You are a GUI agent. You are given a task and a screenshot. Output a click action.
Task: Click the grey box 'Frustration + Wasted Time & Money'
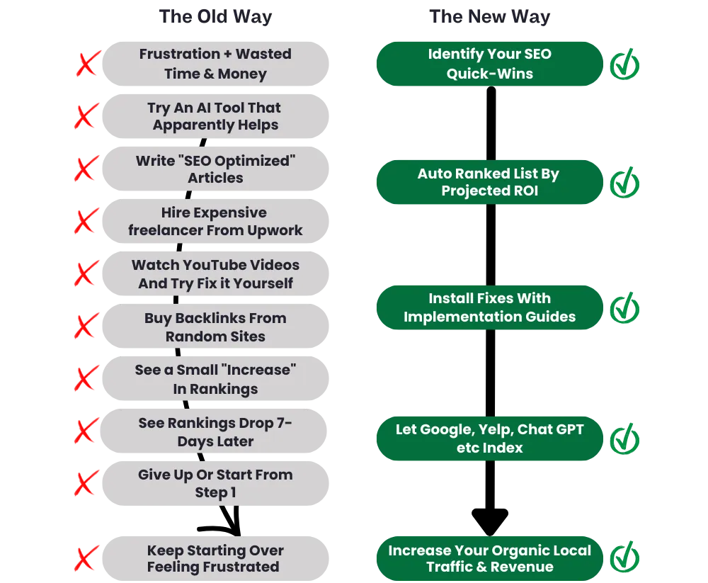pos(216,64)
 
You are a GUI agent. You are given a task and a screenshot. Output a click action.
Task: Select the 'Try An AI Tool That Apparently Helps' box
pos(216,116)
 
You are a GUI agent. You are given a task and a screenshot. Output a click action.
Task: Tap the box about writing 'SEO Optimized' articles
pos(216,169)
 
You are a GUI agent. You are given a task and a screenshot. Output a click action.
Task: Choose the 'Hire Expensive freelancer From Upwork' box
pos(216,222)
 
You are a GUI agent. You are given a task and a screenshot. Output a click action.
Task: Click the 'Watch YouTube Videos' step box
pos(216,274)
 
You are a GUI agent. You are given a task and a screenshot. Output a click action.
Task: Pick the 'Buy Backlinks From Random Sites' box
pos(216,327)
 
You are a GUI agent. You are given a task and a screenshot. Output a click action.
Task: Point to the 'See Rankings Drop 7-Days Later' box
pos(216,432)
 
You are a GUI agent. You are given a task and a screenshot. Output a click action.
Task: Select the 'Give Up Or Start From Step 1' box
pos(216,484)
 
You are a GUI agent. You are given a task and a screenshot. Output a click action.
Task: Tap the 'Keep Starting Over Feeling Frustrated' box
pos(216,559)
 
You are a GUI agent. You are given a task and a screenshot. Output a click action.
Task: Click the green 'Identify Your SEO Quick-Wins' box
pos(489,64)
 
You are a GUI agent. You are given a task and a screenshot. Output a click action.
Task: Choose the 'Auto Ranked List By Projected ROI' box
pos(489,183)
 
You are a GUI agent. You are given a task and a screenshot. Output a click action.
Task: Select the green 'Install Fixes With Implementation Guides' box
pos(489,307)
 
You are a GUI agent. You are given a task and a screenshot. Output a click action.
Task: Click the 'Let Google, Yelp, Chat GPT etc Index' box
pos(489,438)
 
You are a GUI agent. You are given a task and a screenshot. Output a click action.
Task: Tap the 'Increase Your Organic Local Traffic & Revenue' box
pos(489,558)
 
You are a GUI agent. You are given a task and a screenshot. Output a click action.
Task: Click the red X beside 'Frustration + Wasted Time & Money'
pos(86,64)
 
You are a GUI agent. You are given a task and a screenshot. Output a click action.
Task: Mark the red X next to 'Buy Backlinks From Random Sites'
pos(86,327)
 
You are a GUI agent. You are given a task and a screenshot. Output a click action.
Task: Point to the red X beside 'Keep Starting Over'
pos(86,559)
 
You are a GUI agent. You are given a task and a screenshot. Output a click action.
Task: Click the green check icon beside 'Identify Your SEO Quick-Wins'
pos(625,65)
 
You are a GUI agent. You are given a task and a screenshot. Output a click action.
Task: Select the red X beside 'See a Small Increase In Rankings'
pos(86,380)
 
